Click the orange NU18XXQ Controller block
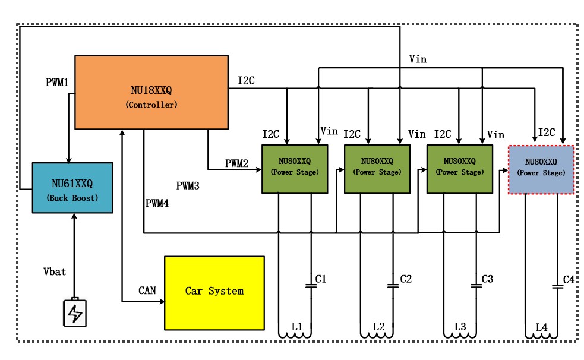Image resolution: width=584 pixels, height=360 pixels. tap(151, 91)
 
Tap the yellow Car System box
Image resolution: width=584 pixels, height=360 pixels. tap(214, 292)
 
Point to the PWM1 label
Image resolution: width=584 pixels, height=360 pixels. tap(58, 82)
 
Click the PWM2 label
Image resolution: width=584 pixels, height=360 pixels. tap(236, 163)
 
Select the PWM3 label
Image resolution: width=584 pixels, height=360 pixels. tap(188, 186)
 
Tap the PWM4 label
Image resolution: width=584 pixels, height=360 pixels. tap(157, 203)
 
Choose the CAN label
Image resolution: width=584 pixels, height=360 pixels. tap(147, 291)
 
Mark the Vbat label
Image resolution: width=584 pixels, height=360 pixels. tap(55, 271)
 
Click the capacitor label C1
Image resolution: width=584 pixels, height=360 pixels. tap(321, 278)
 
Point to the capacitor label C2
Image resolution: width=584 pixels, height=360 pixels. tap(406, 278)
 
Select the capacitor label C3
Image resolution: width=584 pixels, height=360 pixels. tap(487, 278)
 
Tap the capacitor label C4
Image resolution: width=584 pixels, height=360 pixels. tap(569, 278)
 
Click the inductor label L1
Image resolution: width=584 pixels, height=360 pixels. tap(297, 327)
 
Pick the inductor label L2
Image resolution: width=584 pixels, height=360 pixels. tap(379, 327)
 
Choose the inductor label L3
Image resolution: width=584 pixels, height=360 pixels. tap(460, 327)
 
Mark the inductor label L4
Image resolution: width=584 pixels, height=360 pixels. tap(541, 327)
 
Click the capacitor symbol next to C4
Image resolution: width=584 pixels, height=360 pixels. tap(557, 286)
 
